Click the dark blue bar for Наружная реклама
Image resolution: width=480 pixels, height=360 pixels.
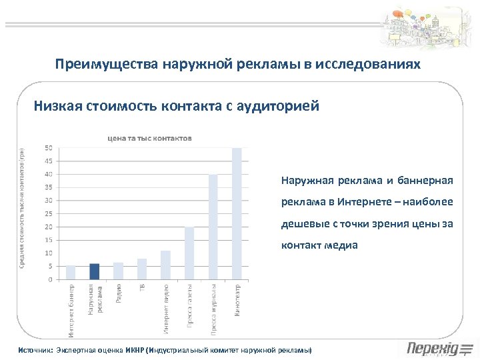(95, 272)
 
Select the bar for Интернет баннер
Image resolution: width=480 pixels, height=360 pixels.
(71, 273)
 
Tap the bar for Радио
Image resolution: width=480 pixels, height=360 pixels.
(119, 271)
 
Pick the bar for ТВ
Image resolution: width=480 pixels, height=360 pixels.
(142, 269)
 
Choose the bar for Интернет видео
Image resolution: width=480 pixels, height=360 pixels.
(166, 265)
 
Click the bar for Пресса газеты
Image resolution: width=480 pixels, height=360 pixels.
(189, 253)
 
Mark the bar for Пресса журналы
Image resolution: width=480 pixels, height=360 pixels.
(213, 227)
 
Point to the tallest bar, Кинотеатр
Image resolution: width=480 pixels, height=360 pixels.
(237, 213)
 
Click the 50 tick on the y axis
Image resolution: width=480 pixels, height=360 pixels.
(49, 147)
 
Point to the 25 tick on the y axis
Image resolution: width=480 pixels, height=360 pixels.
(49, 213)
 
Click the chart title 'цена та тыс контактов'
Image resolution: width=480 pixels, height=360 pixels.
(150, 138)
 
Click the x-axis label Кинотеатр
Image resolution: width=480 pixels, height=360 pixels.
(237, 301)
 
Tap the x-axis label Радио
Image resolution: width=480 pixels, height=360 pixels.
(119, 294)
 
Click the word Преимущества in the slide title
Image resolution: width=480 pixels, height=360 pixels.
(96, 65)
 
